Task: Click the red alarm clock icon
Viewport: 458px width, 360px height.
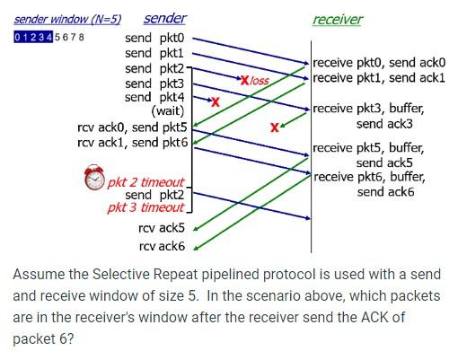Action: point(94,179)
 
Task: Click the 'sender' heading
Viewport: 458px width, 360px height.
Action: point(165,19)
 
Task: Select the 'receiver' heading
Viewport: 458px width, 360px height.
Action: point(337,20)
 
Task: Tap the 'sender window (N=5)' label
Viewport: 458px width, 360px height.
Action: point(67,19)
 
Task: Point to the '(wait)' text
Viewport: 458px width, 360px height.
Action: point(168,111)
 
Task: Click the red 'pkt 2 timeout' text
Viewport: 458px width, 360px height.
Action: point(145,182)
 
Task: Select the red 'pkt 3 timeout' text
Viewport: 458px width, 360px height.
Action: point(145,208)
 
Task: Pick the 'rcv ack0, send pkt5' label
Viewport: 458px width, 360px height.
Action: point(132,127)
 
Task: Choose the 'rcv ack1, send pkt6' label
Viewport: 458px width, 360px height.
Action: point(132,142)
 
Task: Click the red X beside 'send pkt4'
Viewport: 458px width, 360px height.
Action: point(214,101)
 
